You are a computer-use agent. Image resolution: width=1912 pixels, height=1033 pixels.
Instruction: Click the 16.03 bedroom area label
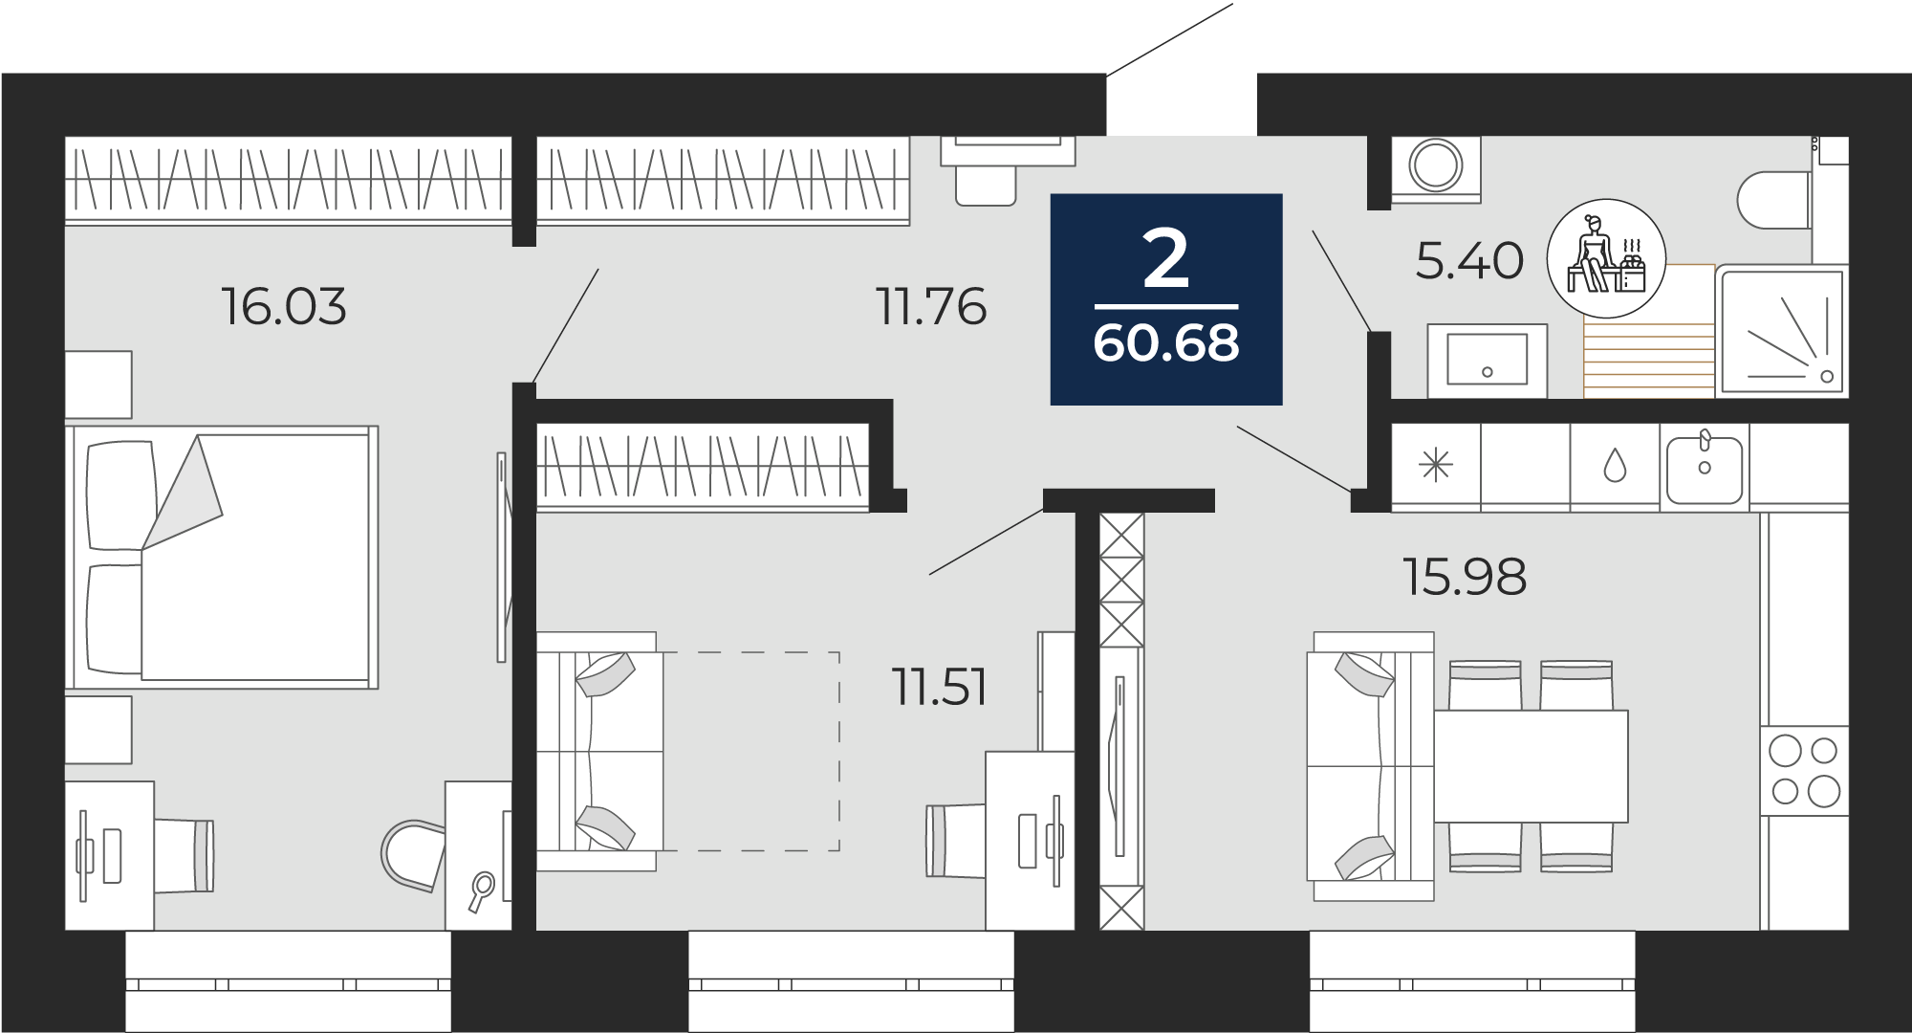coord(284,307)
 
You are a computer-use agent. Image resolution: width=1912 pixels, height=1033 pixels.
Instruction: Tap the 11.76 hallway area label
coord(932,307)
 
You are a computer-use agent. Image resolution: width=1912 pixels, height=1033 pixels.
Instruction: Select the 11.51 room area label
coord(940,687)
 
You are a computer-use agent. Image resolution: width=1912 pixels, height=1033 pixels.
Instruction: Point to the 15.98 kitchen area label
coord(1465,577)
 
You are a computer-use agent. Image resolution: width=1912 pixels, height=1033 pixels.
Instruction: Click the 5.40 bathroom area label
coord(1469,261)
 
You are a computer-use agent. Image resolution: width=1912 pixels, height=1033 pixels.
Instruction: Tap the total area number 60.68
coord(1166,343)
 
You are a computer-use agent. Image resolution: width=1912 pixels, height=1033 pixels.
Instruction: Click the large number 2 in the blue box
coord(1166,259)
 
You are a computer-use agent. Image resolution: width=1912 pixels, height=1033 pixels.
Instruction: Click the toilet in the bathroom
coord(1774,200)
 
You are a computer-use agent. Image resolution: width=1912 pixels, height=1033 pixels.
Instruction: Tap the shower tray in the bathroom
coord(1783,331)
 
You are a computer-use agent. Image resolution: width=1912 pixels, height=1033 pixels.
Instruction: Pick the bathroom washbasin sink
coord(1487,360)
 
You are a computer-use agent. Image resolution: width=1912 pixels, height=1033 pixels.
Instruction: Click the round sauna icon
coord(1606,258)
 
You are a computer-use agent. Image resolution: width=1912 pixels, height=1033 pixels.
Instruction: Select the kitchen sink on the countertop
coord(1706,468)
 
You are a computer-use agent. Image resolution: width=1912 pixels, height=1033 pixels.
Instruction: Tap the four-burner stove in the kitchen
coord(1804,771)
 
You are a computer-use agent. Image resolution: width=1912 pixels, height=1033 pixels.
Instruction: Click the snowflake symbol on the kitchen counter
coord(1436,467)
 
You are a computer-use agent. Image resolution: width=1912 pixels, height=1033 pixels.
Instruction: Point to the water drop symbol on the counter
coord(1615,467)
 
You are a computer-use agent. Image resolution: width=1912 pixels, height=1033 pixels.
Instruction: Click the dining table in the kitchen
coord(1531,766)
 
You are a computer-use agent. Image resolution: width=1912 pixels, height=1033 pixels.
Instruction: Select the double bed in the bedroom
coord(222,558)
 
